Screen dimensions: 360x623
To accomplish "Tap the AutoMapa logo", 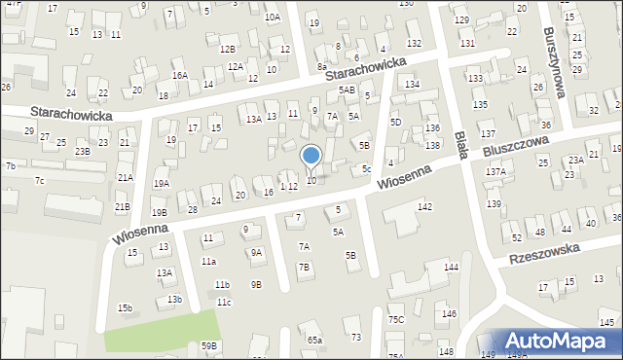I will tap(559, 341).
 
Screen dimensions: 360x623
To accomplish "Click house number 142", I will tap(424, 206).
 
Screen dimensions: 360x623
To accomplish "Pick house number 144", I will tap(450, 267).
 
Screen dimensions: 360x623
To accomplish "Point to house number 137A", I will tap(495, 171).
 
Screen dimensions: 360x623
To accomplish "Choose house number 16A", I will tap(180, 75).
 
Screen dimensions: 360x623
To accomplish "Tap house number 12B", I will tap(228, 49).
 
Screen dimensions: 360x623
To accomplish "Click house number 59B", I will tap(209, 345).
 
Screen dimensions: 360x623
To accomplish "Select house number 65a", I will tap(314, 340).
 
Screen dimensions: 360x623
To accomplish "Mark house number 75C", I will tap(396, 319).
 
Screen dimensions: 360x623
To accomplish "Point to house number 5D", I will tap(395, 122).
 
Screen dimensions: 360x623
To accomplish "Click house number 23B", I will tap(83, 151).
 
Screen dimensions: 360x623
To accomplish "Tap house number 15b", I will tap(125, 307).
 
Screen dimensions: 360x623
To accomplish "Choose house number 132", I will tap(414, 44).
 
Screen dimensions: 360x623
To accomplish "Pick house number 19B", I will tap(159, 212).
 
